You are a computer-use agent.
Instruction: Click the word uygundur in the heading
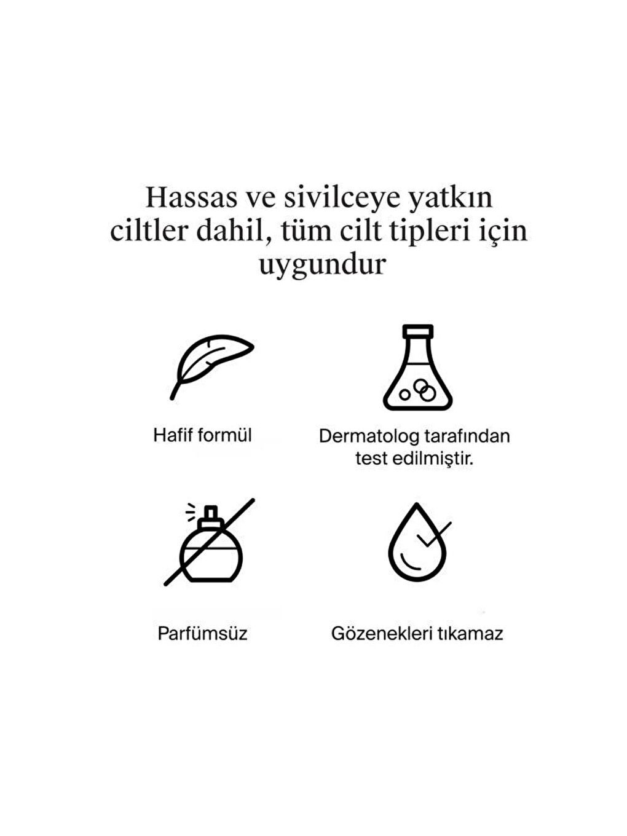pyautogui.click(x=322, y=264)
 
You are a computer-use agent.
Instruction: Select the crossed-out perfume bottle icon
pyautogui.click(x=210, y=542)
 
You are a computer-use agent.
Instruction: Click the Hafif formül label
pyautogui.click(x=202, y=435)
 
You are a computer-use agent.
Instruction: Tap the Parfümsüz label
pyautogui.click(x=202, y=634)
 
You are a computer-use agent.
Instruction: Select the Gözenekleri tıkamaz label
pyautogui.click(x=417, y=634)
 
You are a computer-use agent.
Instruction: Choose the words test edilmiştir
pyautogui.click(x=414, y=459)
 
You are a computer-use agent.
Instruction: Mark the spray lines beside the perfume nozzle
pyautogui.click(x=191, y=510)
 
